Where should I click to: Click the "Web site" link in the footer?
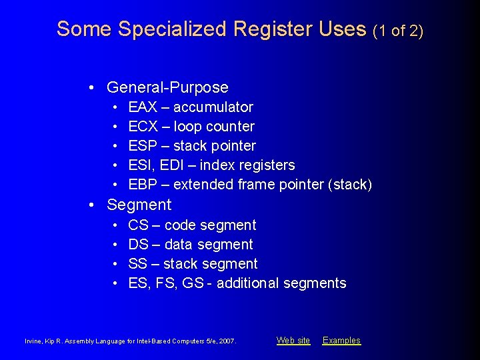pos(293,341)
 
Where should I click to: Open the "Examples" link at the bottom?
pos(341,341)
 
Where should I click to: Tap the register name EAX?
pos(143,107)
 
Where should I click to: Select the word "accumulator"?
pos(213,107)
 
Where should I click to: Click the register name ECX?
pos(143,127)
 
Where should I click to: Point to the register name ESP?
pos(143,146)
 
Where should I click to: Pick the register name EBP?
pos(143,185)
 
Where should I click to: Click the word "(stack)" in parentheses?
pos(350,185)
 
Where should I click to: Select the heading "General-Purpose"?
pos(167,87)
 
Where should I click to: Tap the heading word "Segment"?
pos(139,205)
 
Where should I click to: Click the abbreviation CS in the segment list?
pos(138,225)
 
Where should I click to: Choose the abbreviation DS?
pos(138,245)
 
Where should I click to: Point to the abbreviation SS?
pos(138,264)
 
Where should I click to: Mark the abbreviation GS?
pos(193,283)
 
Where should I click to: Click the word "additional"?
pos(248,283)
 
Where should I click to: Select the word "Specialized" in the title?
pos(172,29)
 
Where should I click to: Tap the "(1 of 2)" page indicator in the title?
pos(398,30)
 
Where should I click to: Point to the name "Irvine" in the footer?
pos(34,341)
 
